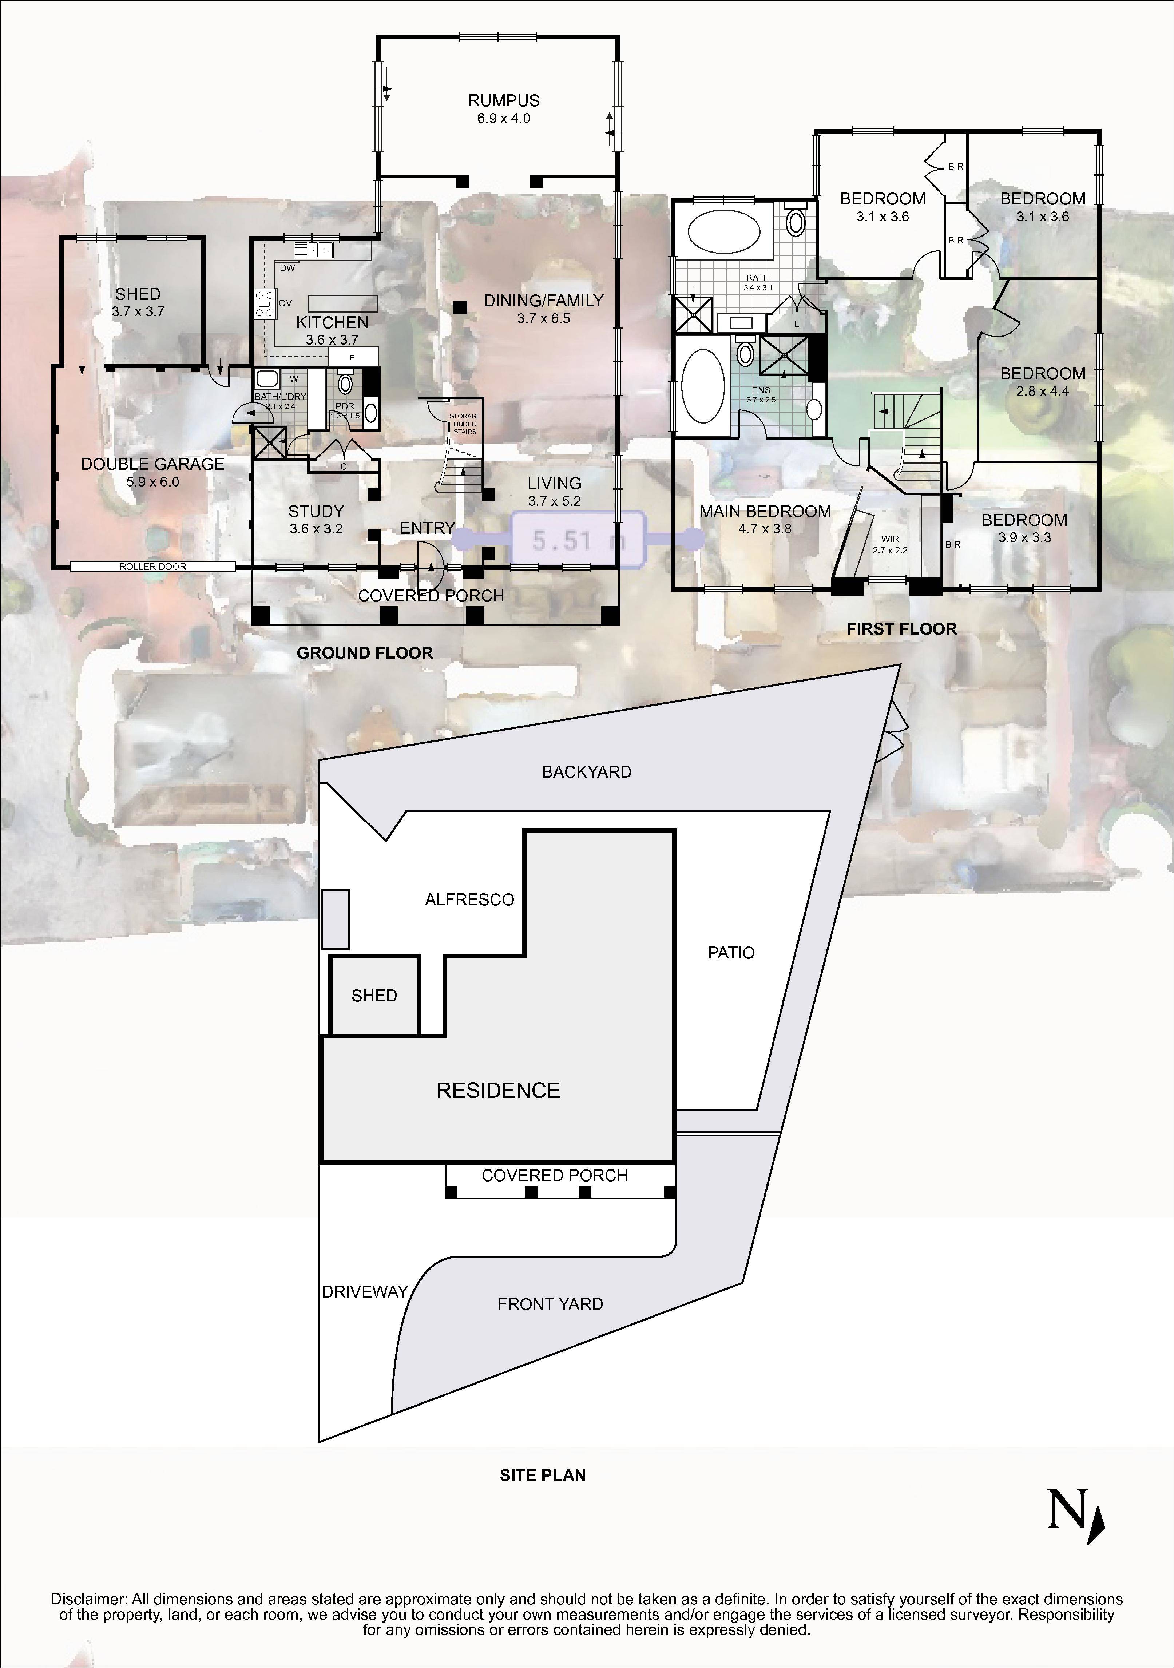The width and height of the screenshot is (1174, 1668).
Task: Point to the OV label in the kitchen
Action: point(286,303)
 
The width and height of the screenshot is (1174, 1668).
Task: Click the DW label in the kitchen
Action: point(287,267)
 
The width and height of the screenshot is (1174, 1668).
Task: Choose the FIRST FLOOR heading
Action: point(901,629)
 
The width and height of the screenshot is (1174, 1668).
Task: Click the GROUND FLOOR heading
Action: point(365,653)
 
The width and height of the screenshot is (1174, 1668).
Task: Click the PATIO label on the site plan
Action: point(731,952)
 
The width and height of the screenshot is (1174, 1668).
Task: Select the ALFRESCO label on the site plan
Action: point(469,899)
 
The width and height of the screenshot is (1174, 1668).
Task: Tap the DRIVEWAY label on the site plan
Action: point(365,1292)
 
